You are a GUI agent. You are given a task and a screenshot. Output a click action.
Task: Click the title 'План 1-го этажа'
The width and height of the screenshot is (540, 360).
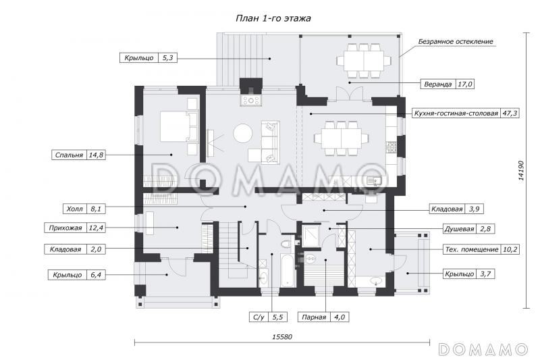coord(273,18)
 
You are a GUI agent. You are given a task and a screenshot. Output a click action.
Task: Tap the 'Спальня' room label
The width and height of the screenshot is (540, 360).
coord(70,155)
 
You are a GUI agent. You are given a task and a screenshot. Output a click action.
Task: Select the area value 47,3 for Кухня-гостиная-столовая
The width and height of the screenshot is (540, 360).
coord(510,113)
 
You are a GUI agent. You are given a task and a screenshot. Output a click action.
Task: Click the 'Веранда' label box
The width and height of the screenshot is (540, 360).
coord(447,84)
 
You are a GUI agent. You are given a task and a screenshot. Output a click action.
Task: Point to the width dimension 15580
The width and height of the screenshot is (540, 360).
coord(282,336)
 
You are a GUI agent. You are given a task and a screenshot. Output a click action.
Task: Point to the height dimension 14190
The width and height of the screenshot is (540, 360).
coord(521,170)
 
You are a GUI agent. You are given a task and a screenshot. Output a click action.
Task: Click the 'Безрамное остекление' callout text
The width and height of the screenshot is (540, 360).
coord(455,42)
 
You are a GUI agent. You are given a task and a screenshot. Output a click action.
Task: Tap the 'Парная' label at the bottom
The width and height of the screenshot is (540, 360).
coord(314,317)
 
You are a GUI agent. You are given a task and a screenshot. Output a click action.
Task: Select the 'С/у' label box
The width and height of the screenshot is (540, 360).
coord(268,317)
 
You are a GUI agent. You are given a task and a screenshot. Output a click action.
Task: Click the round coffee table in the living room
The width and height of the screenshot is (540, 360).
coord(243,133)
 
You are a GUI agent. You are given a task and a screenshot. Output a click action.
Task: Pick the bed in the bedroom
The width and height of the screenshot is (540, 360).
coord(180,126)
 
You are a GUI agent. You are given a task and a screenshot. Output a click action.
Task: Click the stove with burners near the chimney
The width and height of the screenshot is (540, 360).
coord(251,100)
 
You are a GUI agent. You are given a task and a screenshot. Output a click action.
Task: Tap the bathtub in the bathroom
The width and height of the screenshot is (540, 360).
coord(288,271)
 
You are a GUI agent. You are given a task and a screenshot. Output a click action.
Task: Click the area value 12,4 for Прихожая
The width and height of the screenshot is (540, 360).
coord(96,228)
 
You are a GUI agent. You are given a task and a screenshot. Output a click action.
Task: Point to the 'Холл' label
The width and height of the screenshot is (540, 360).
coord(74,209)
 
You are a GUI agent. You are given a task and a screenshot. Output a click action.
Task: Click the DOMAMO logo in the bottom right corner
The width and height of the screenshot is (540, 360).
coord(483,349)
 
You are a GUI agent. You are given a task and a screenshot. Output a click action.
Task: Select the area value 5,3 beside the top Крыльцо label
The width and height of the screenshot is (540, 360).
coord(167,58)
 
